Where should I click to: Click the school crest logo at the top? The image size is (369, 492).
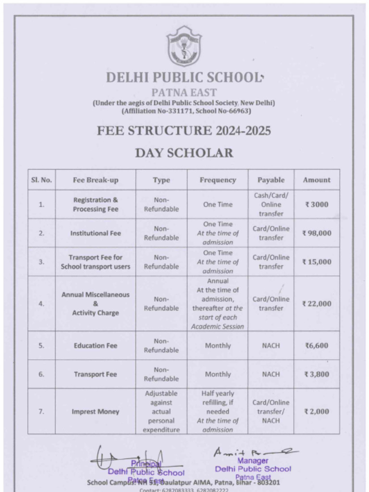[184, 46]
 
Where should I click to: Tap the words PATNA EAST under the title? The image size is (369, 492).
[184, 93]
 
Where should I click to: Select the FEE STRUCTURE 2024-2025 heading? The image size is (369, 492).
[184, 131]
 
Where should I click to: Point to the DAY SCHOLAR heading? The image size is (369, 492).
[184, 153]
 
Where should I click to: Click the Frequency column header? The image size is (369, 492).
[218, 180]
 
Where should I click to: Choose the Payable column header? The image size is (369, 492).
[271, 180]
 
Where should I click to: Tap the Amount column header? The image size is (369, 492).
[317, 180]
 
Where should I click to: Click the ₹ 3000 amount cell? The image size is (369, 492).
[317, 204]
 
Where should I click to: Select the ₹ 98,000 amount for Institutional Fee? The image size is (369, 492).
[317, 233]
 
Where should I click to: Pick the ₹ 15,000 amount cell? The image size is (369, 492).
[317, 262]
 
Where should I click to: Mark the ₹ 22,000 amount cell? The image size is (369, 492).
[317, 304]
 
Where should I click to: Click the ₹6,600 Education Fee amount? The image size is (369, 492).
[317, 345]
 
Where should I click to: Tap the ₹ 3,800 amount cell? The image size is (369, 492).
[317, 374]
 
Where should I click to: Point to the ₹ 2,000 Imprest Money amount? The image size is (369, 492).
[317, 411]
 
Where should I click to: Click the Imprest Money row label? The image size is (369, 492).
[95, 412]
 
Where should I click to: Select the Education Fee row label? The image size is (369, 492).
[95, 345]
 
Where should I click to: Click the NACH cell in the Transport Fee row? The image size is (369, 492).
[271, 374]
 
